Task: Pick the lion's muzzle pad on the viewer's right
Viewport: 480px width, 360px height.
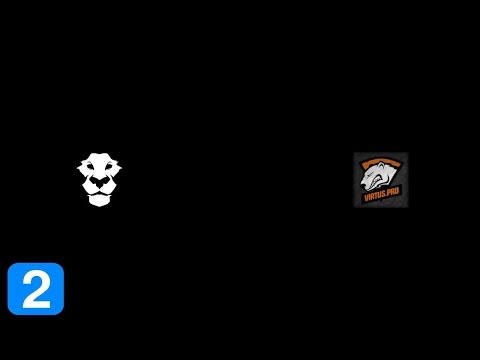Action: pyautogui.click(x=105, y=192)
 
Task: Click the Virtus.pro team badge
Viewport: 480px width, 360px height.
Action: pyautogui.click(x=380, y=180)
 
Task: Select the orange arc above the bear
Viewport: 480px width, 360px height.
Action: pyautogui.click(x=380, y=160)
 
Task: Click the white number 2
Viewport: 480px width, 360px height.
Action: pyautogui.click(x=36, y=289)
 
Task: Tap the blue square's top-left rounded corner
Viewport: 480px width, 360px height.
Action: pyautogui.click(x=11, y=267)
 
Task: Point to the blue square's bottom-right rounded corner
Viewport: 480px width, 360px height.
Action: pyautogui.click(x=60, y=311)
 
